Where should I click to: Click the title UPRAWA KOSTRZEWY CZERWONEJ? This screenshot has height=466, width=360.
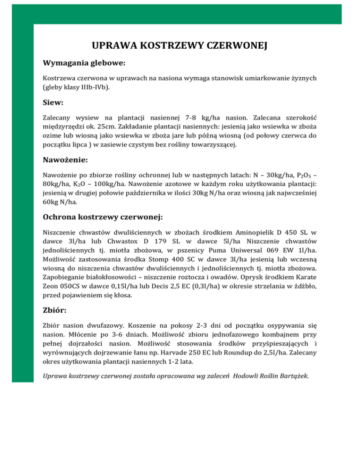(x=180, y=45)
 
